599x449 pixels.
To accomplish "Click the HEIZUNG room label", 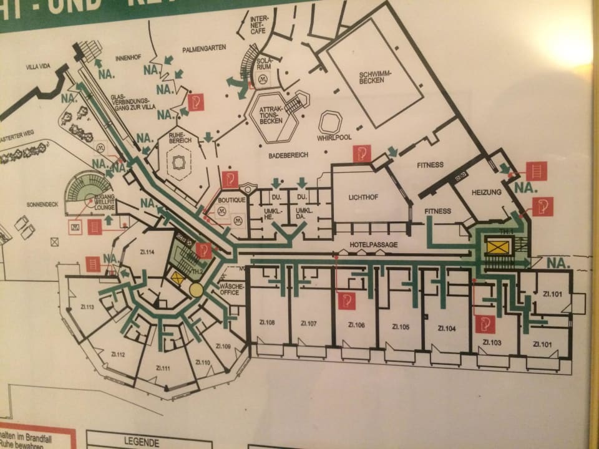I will pos(488,192).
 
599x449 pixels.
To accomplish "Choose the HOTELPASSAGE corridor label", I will pos(373,245).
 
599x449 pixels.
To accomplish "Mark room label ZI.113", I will pos(87,307).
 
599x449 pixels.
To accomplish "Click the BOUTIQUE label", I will pos(230,201).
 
